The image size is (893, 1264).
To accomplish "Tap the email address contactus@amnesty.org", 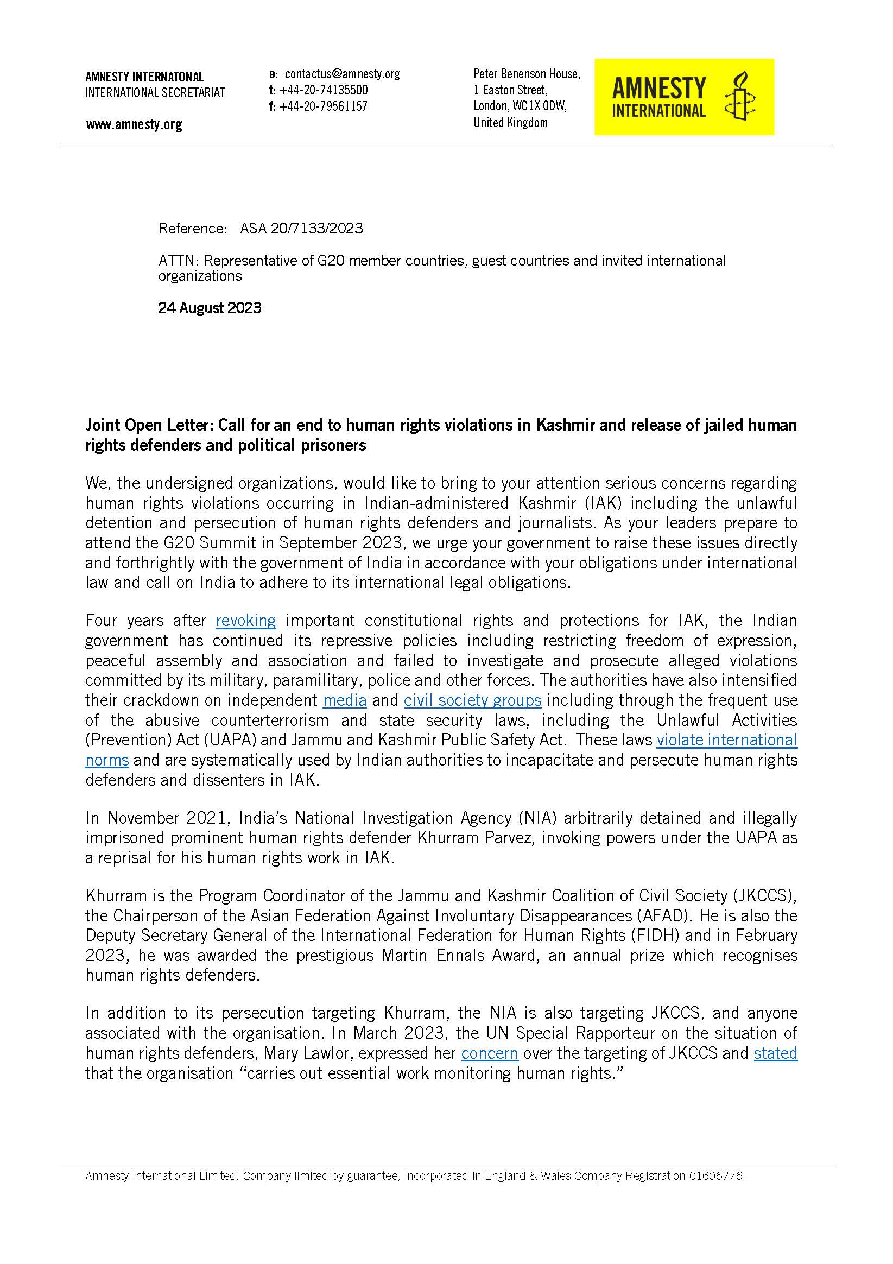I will [342, 74].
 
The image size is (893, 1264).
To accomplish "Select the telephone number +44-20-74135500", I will [323, 90].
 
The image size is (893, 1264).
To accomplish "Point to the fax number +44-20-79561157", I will [323, 106].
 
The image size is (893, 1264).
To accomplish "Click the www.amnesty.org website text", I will [134, 125].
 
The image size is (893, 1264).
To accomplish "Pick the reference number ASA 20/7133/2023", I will [301, 229].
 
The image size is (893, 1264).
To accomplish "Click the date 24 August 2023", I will [209, 308].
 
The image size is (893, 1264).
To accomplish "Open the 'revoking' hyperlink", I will [245, 621].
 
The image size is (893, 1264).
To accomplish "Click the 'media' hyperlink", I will [345, 700].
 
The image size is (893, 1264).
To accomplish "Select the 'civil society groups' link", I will [472, 700].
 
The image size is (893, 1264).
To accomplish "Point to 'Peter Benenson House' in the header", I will [527, 74].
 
